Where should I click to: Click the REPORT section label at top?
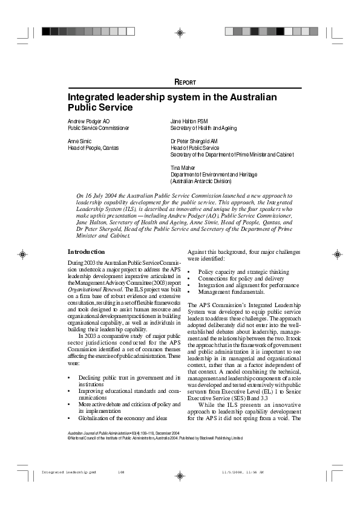pyautogui.click(x=185, y=82)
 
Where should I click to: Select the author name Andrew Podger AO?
pyautogui.click(x=89, y=121)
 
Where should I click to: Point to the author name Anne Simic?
pyautogui.click(x=80, y=141)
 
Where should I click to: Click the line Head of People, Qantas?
pyautogui.click(x=93, y=148)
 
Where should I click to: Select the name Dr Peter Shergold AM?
pyautogui.click(x=194, y=141)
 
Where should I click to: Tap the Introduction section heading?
pyautogui.click(x=87, y=251)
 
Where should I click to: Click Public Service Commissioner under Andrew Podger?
pyautogui.click(x=99, y=128)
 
